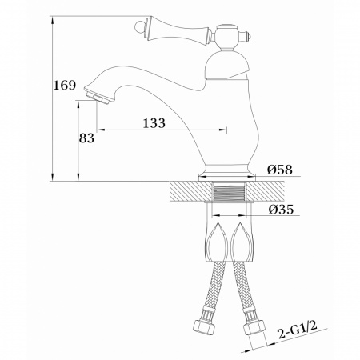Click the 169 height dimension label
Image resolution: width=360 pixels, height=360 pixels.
(x=65, y=85)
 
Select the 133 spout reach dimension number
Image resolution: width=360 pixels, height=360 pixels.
(x=154, y=123)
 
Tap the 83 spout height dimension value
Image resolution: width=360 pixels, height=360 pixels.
(x=86, y=138)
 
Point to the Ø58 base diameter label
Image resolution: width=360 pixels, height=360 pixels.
(x=280, y=170)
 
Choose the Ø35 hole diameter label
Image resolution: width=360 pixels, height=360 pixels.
(x=281, y=210)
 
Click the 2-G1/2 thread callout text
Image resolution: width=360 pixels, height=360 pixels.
(x=298, y=330)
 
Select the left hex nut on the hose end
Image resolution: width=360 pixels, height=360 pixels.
(x=202, y=326)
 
